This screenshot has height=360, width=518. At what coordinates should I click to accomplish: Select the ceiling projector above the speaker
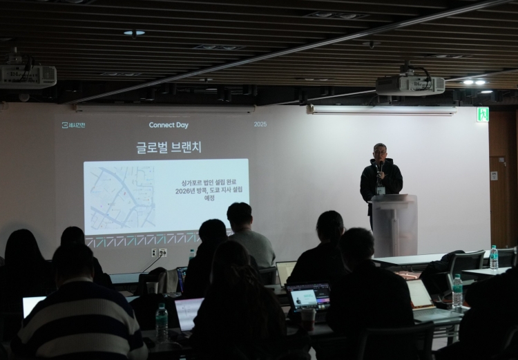pyautogui.click(x=410, y=84)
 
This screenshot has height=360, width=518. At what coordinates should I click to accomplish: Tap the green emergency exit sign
pyautogui.click(x=483, y=115)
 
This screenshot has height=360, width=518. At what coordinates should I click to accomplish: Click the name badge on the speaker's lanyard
pyautogui.click(x=381, y=190)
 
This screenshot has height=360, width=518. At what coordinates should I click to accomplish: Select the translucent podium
pyautogui.click(x=394, y=225)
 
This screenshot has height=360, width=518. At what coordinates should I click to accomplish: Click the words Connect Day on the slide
pyautogui.click(x=169, y=125)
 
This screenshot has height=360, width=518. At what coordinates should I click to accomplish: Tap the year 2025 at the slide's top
pyautogui.click(x=260, y=124)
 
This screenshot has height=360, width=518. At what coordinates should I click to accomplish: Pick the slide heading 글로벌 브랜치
pyautogui.click(x=169, y=148)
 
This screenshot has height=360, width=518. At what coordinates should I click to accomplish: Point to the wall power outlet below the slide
pyautogui.click(x=159, y=253)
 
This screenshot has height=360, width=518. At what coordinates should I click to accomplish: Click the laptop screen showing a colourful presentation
pyautogui.click(x=308, y=296)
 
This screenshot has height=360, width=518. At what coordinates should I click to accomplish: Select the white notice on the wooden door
pyautogui.click(x=494, y=176)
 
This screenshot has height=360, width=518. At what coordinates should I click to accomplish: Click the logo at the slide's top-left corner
pyautogui.click(x=74, y=125)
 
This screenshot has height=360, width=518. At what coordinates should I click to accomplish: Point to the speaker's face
pyautogui.click(x=379, y=152)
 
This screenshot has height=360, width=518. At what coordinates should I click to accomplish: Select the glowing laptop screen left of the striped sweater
pyautogui.click(x=32, y=305)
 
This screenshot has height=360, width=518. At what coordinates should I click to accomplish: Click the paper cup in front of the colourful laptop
pyautogui.click(x=308, y=319)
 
